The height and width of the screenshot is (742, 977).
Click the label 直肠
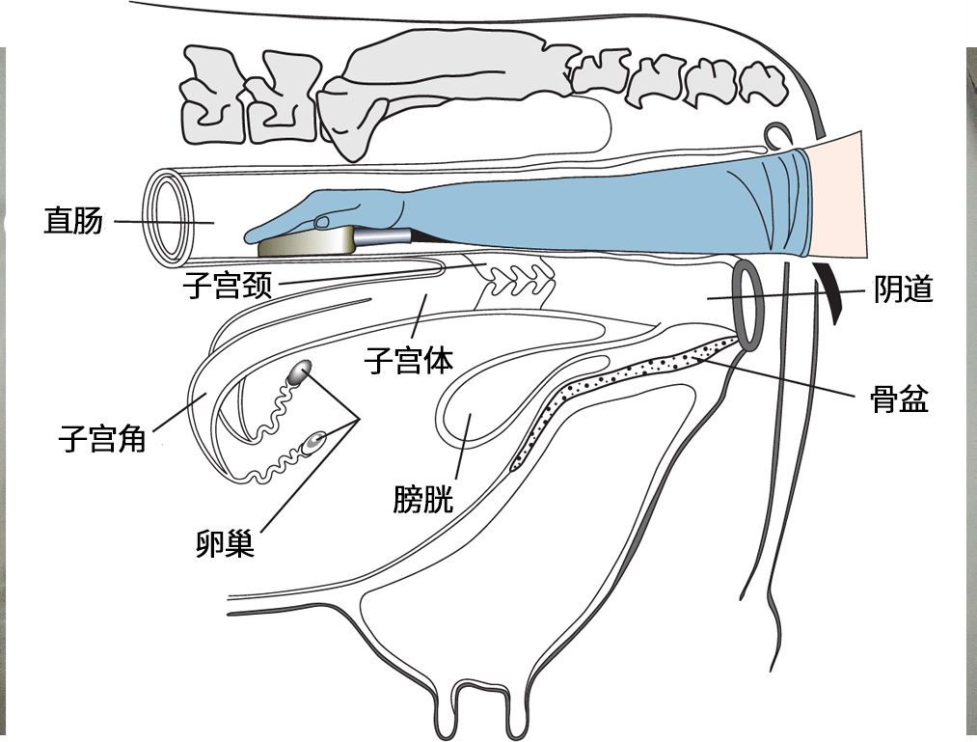tap(72, 221)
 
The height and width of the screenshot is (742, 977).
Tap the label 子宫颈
tap(229, 286)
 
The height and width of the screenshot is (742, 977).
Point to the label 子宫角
tap(102, 440)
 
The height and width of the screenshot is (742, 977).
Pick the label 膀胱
tap(422, 499)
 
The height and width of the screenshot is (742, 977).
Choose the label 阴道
tap(904, 289)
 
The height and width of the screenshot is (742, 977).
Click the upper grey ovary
tap(301, 371)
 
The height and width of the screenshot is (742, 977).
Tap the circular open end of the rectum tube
tap(170, 217)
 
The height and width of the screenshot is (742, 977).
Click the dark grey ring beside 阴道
tap(749, 304)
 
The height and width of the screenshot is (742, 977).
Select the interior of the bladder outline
tap(492, 396)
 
